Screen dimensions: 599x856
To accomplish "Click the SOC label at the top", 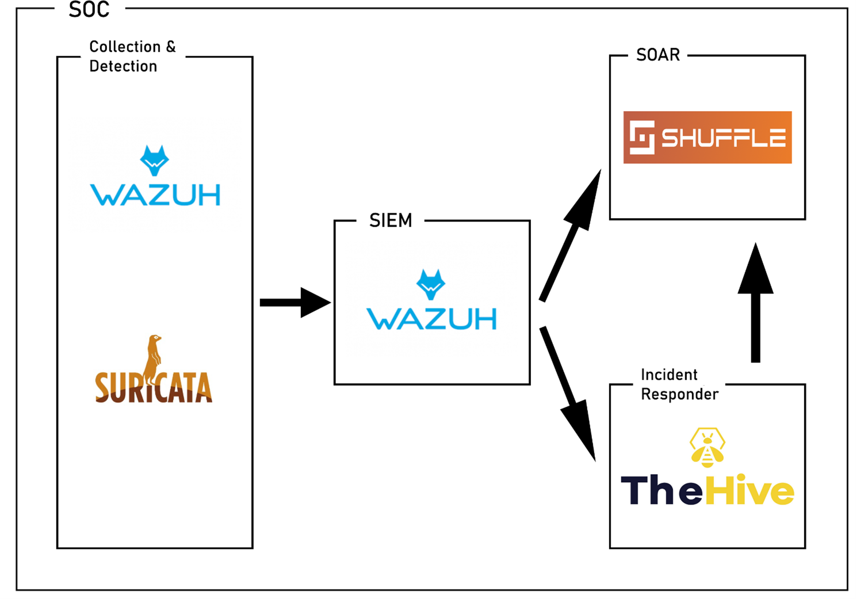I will [x=89, y=10].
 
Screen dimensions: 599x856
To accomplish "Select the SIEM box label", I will [x=391, y=220].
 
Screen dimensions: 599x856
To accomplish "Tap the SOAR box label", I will [x=658, y=55].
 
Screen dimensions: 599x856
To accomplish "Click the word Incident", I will [x=668, y=375].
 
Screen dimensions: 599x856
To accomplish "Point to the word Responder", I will [x=679, y=394].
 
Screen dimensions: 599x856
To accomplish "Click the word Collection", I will [x=125, y=47].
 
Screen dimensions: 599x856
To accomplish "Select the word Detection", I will [x=123, y=66].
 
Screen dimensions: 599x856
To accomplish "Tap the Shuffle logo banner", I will [x=708, y=138].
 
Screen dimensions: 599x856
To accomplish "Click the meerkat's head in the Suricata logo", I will [x=154, y=339].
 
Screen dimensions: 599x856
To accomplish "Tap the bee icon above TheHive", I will [x=708, y=447].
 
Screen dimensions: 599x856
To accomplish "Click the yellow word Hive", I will [x=750, y=491].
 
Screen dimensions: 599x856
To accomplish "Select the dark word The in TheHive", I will [x=662, y=491].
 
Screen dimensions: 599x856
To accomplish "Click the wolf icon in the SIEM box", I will [x=431, y=284].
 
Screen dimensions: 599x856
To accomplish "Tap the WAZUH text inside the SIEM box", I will [x=431, y=319].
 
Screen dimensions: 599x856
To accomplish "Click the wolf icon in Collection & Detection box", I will [x=155, y=160].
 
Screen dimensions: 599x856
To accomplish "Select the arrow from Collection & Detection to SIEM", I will [x=294, y=303].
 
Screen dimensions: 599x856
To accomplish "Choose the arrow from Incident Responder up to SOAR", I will [x=755, y=302].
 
